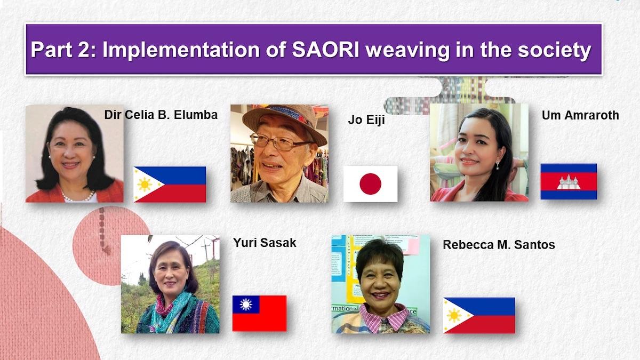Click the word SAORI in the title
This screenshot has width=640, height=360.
pos(325,50)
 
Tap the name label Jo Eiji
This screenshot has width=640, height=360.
pos(366,120)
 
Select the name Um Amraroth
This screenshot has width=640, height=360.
pos(581,115)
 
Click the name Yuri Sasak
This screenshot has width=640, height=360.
pos(265,243)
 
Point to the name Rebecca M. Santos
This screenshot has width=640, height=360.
pos(499,245)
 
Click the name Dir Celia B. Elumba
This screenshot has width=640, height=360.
pos(161,115)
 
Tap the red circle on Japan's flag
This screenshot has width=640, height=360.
pos(370,183)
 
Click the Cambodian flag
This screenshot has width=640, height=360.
pos(569,181)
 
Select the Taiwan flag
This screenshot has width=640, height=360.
pos(259,314)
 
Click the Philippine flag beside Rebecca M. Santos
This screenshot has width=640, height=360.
pos(479,315)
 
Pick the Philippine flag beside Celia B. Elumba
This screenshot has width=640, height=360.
pos(170,185)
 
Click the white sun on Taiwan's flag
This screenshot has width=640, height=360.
pos(246,305)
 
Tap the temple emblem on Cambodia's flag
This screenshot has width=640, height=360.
pos(569,182)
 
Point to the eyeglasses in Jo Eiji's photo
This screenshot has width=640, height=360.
pos(279,142)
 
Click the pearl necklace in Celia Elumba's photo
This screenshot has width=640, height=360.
pos(77,196)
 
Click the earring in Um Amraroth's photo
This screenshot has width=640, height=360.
pos(498,165)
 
